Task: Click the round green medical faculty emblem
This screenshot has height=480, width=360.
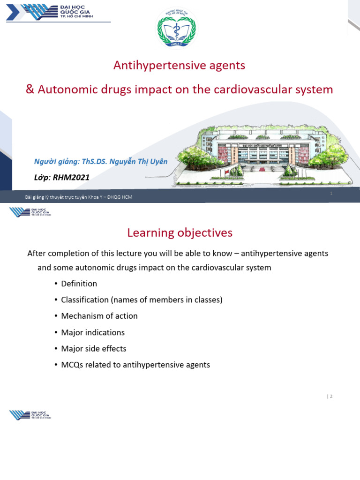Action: click(x=177, y=29)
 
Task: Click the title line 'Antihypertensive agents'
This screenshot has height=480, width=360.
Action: click(x=179, y=66)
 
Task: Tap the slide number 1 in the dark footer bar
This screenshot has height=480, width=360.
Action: click(x=331, y=194)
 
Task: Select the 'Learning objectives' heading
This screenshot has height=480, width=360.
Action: click(x=180, y=232)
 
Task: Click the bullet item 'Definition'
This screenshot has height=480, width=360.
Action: click(x=79, y=284)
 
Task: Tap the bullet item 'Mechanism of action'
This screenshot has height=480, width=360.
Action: click(x=99, y=316)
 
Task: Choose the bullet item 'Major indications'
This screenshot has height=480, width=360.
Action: click(x=93, y=332)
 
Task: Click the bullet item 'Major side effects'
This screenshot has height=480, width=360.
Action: click(x=93, y=349)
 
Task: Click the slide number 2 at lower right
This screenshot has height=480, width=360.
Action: click(x=330, y=396)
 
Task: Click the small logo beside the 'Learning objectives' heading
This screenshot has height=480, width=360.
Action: click(x=30, y=212)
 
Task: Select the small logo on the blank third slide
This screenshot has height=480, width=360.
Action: click(x=30, y=415)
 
